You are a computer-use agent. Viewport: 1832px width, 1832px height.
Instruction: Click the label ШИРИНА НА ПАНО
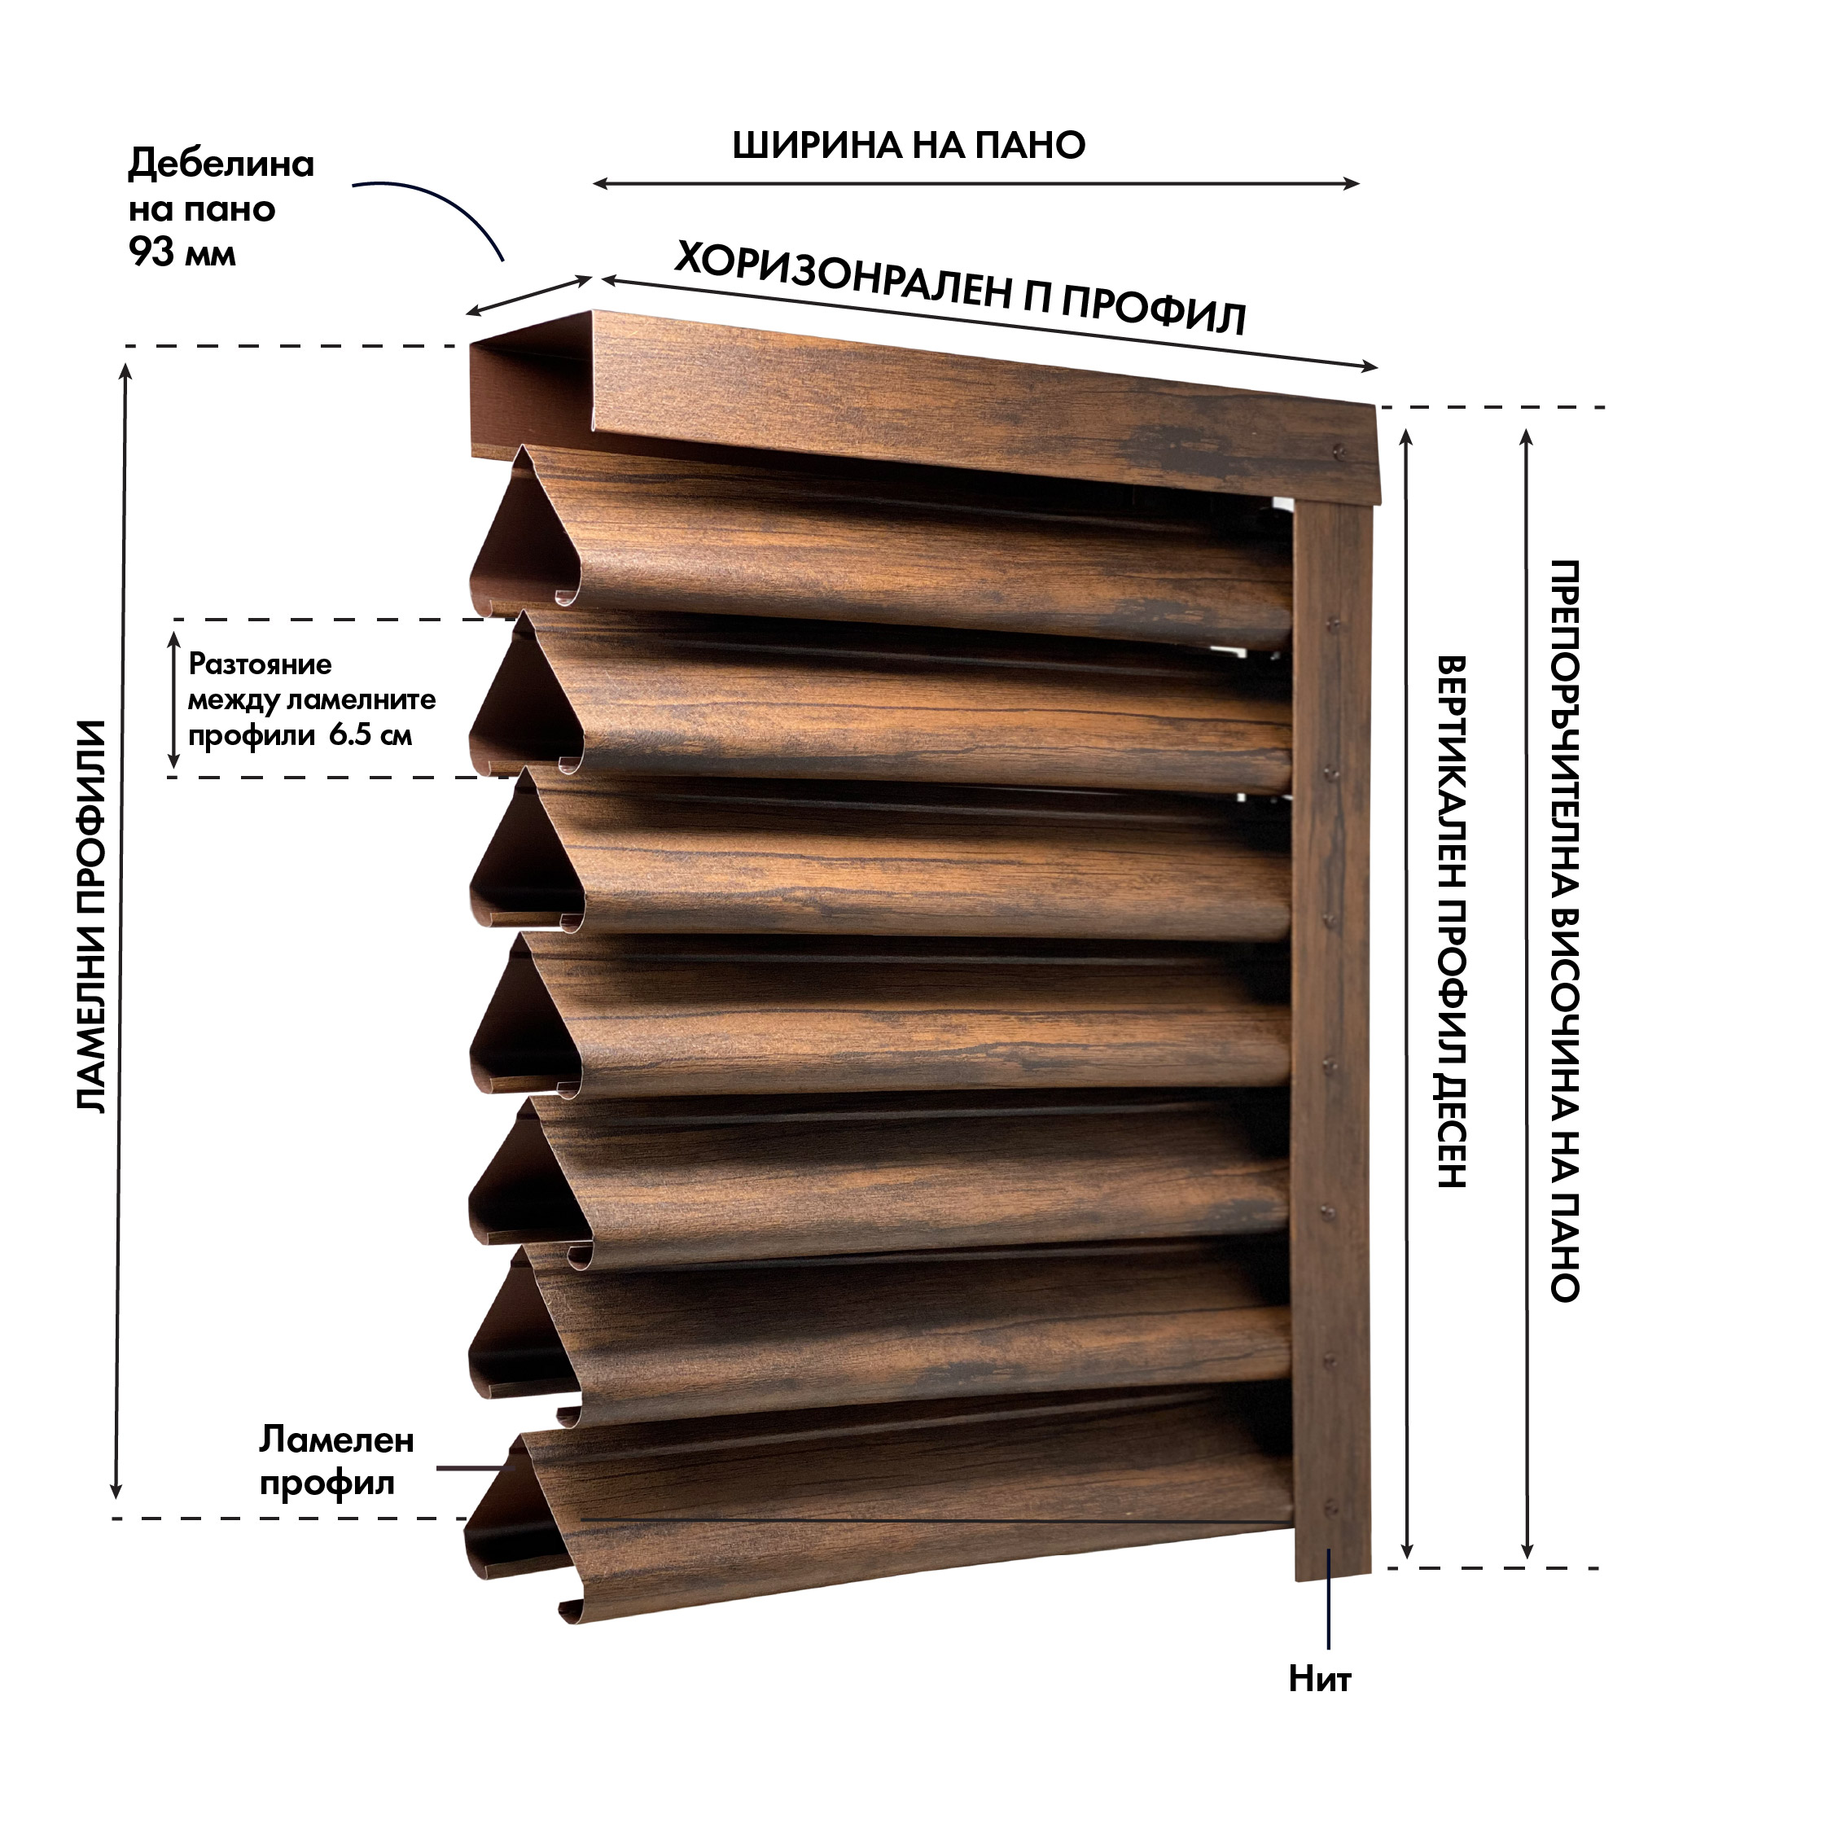point(909,145)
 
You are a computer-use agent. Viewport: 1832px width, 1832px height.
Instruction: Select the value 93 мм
point(182,253)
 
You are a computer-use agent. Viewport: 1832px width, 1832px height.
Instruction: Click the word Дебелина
point(221,164)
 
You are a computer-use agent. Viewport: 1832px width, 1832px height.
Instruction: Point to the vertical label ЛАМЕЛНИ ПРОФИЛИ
point(91,916)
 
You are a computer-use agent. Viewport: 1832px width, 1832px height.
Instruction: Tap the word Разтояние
point(261,664)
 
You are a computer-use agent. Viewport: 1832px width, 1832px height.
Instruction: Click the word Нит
point(1319,1679)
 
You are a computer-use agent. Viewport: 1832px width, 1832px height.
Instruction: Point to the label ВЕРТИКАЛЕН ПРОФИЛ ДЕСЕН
point(1452,921)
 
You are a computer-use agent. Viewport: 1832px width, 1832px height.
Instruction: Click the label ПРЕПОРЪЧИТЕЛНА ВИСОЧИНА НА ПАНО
point(1565,930)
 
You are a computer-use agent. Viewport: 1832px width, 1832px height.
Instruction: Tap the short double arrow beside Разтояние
point(173,698)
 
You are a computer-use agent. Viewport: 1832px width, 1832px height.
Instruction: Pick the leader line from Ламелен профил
point(474,1467)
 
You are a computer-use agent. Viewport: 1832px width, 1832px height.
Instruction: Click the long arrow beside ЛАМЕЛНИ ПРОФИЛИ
point(121,929)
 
